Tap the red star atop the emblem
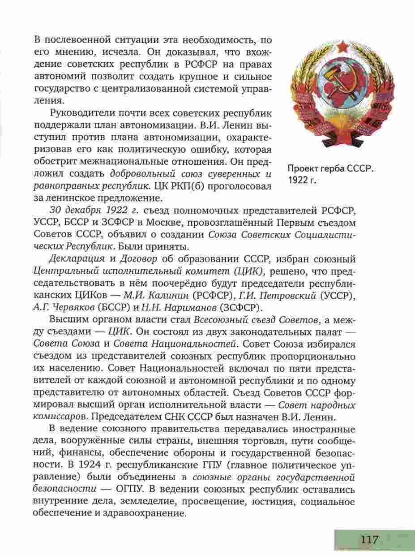[x=343, y=46]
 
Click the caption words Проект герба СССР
[x=331, y=170]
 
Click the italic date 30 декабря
[x=77, y=210]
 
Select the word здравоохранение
[x=144, y=513]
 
